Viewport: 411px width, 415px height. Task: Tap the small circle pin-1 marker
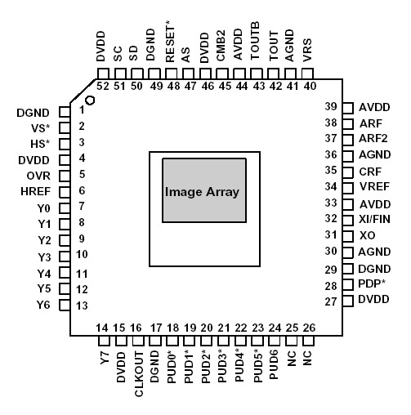pos(91,100)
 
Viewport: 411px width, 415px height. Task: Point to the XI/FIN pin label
pos(374,218)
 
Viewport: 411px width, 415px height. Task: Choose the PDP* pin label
pos(372,284)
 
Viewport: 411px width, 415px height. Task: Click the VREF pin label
pos(373,186)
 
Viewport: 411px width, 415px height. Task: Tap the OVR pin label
pos(38,175)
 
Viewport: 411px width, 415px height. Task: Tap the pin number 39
pos(330,107)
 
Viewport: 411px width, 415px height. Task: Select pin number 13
pos(82,306)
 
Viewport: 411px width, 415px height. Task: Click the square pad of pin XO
pos(346,235)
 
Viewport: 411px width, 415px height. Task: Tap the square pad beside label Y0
pos(62,207)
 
